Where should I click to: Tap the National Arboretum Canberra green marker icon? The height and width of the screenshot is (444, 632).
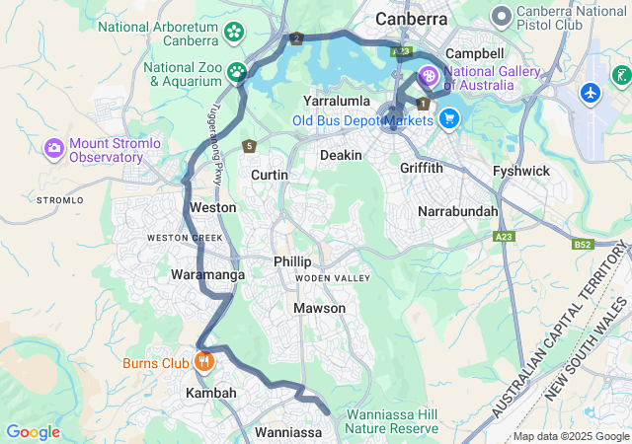(234, 32)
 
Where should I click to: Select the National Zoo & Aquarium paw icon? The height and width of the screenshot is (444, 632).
(237, 72)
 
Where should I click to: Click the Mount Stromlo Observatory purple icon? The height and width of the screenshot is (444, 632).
(54, 149)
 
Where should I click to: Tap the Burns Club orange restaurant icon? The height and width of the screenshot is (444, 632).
(203, 362)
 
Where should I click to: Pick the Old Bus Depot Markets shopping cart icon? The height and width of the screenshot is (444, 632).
(449, 119)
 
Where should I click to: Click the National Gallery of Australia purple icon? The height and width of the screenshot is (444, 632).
(430, 75)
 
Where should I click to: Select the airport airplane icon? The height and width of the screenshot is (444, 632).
(592, 93)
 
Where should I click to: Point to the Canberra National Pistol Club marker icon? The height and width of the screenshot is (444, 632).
(502, 16)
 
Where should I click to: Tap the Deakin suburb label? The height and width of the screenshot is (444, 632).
(340, 155)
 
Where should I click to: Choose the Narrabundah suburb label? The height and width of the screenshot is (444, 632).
(457, 212)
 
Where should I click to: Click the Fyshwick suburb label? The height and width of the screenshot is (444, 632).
(521, 171)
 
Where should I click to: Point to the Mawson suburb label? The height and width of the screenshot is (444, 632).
(320, 308)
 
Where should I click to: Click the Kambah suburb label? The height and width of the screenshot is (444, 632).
(211, 393)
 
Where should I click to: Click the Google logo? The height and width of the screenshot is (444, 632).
(33, 432)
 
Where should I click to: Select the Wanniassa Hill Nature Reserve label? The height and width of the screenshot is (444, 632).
(393, 421)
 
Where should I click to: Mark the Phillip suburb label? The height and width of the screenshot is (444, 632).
(292, 261)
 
